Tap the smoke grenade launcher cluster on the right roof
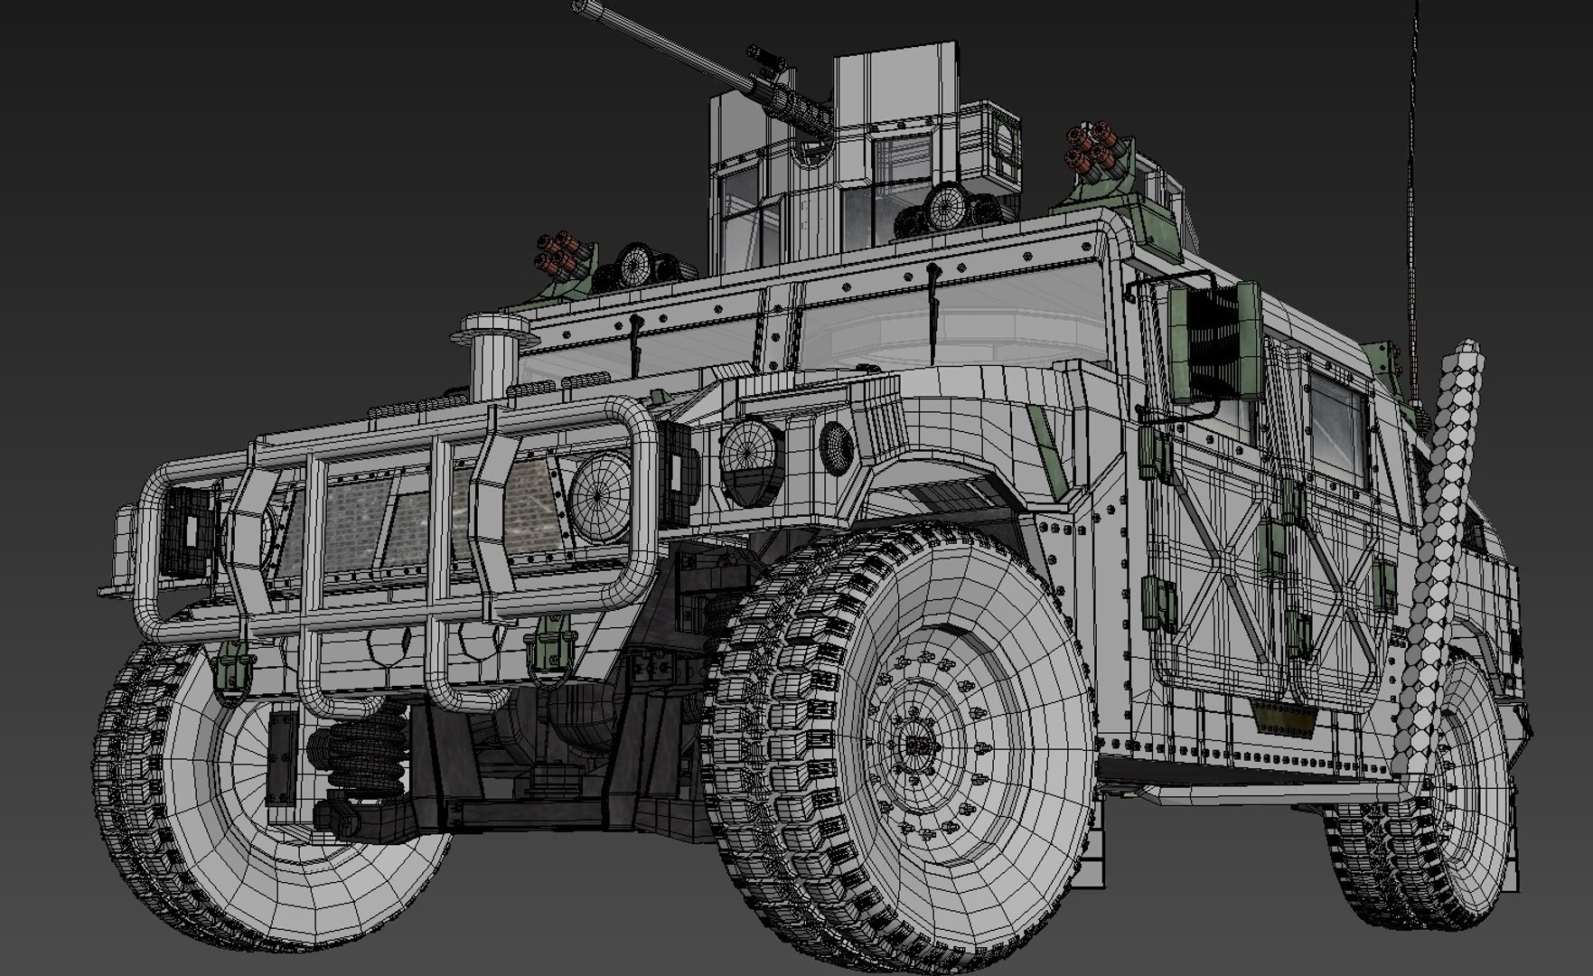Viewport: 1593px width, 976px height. [1095, 151]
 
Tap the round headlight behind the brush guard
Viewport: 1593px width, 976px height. [600, 498]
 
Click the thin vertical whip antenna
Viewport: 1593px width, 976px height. [1412, 181]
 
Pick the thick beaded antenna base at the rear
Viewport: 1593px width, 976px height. [1444, 542]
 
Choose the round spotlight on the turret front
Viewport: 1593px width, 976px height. [944, 210]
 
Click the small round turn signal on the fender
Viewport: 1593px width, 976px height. [837, 448]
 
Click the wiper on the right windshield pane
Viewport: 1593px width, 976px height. [933, 312]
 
